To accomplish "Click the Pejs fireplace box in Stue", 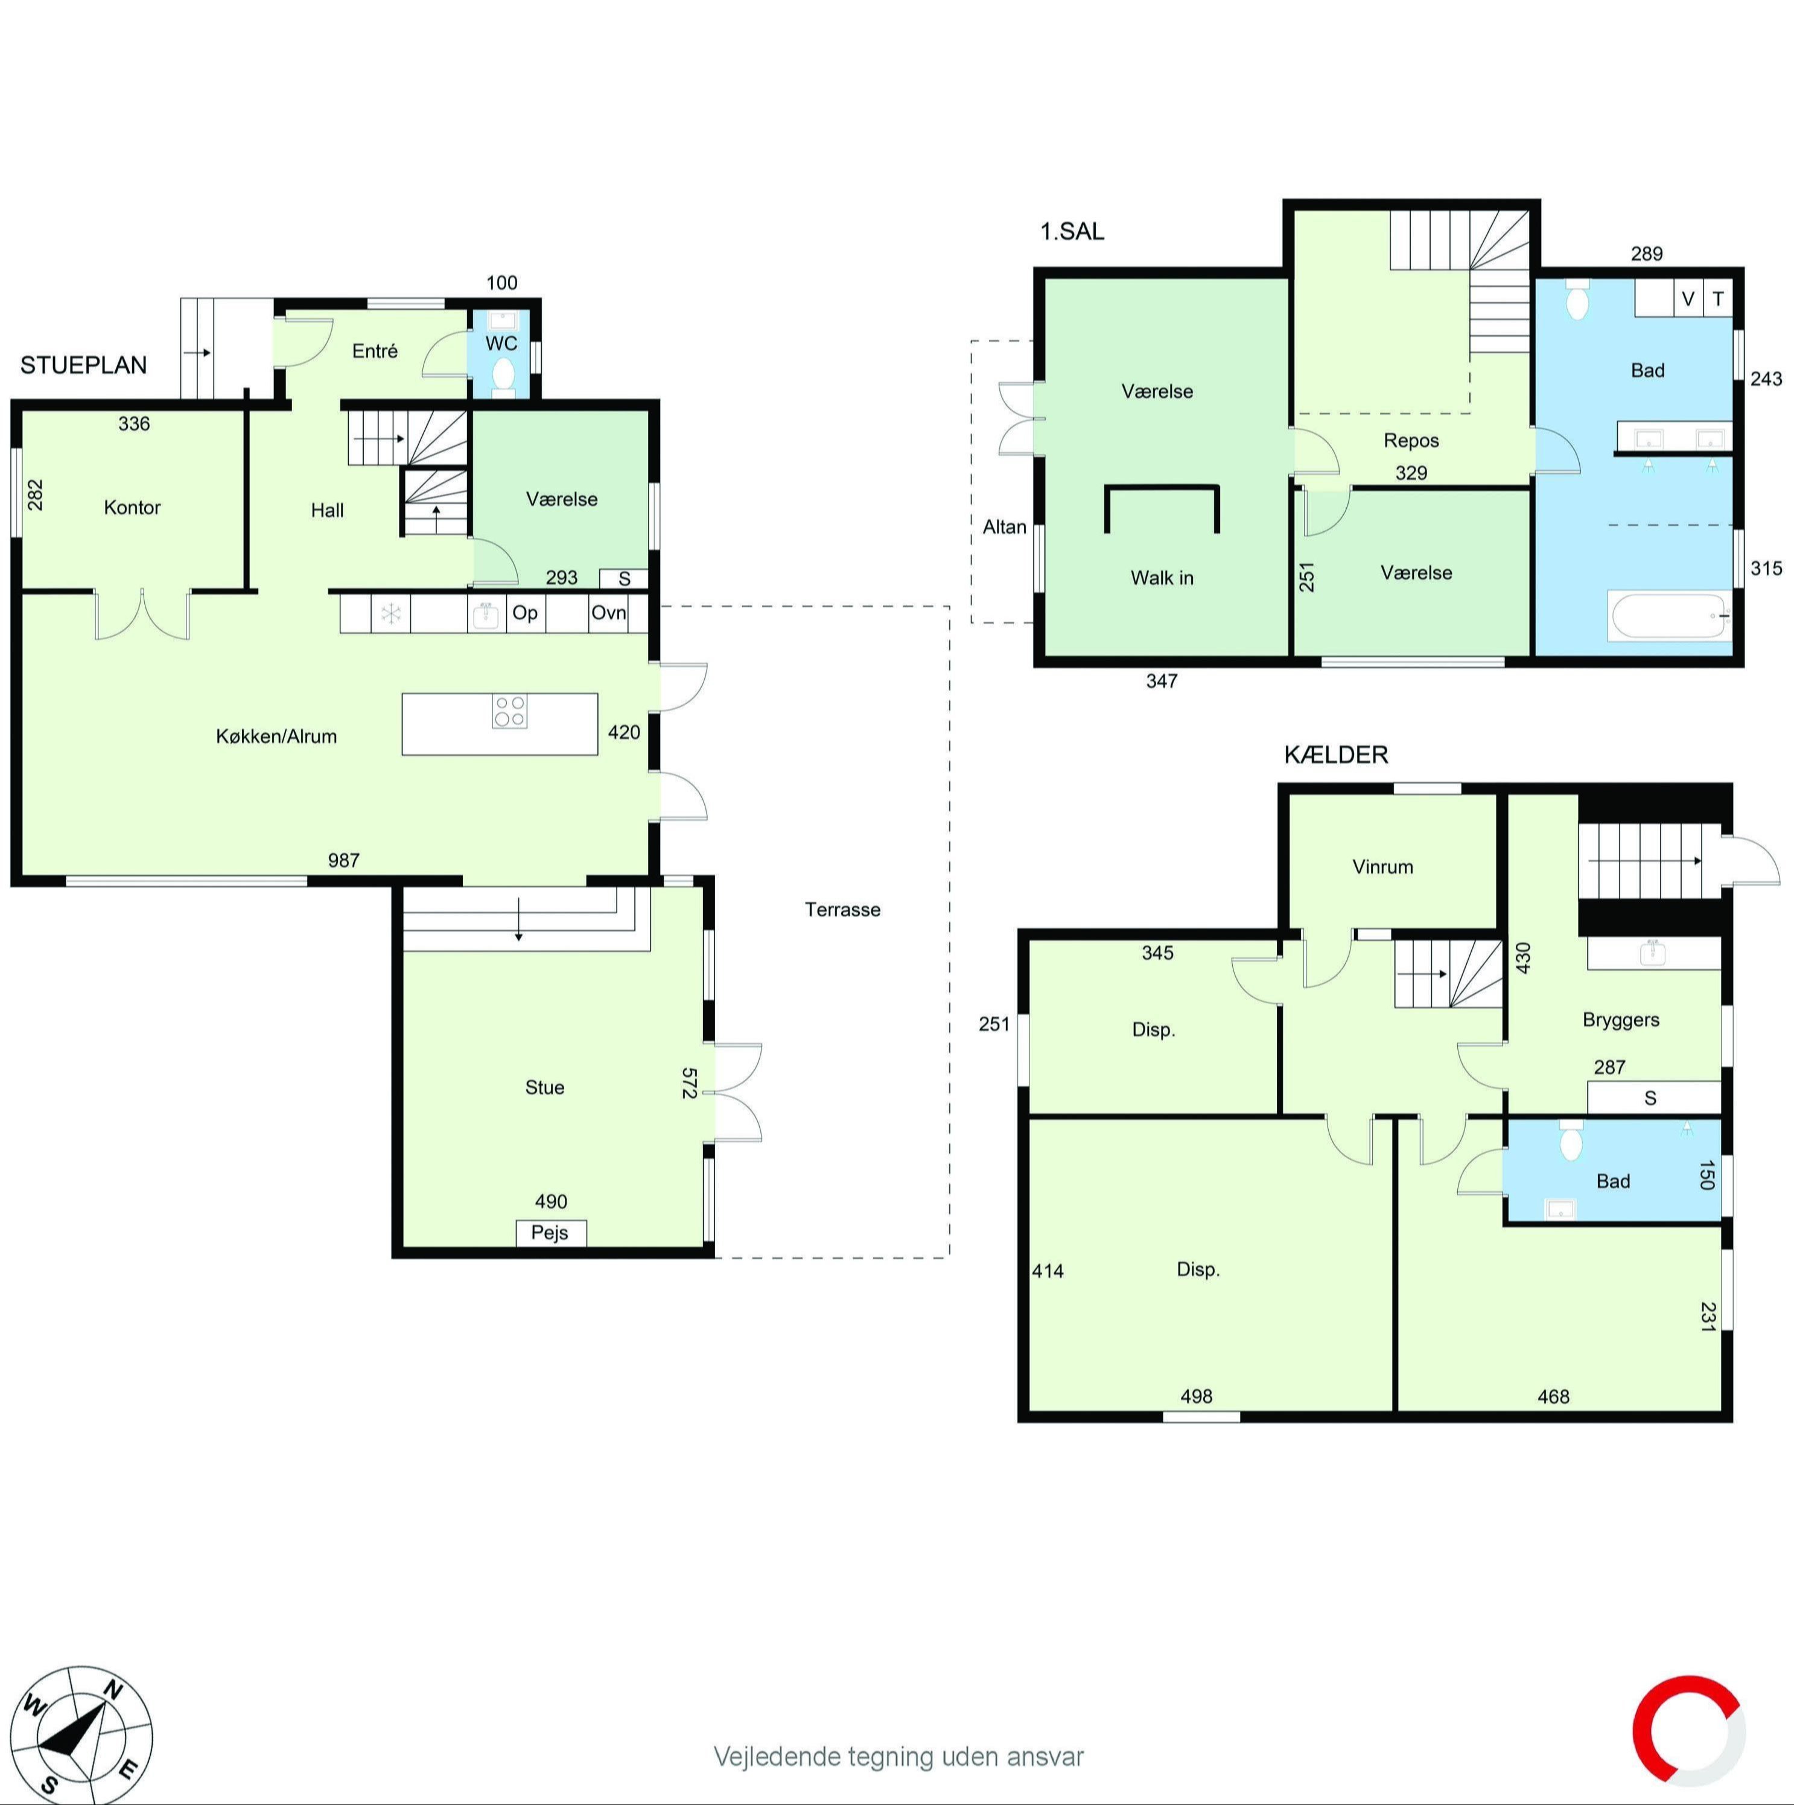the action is pos(551,1232).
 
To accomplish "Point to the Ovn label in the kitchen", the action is pos(608,613).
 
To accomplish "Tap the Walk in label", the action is pos(1162,577).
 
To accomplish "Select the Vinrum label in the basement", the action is pos(1382,866).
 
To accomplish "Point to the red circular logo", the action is pos(1688,1731).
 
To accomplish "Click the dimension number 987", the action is pos(344,860).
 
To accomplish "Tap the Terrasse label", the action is pos(842,909).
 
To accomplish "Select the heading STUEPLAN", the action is pos(84,365).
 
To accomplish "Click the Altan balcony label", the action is pos(1004,527).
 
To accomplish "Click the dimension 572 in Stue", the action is pos(689,1083).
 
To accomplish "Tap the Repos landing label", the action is pos(1411,440).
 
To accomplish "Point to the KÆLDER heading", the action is pos(1335,755).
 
